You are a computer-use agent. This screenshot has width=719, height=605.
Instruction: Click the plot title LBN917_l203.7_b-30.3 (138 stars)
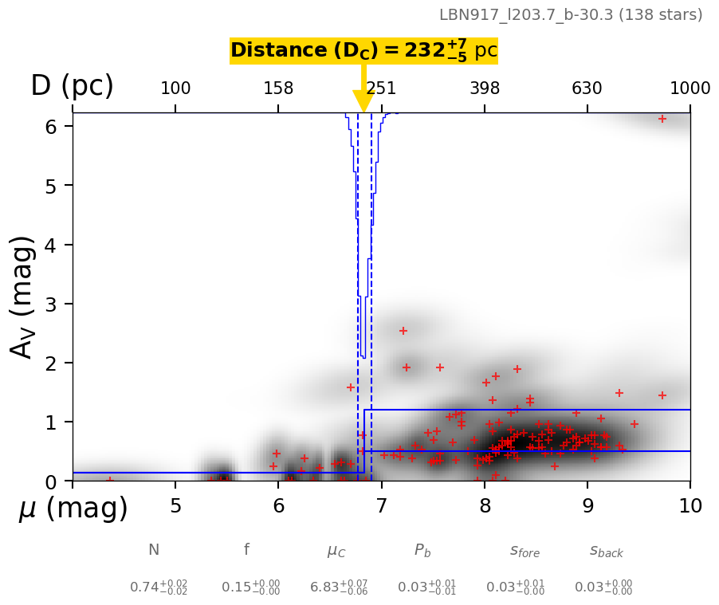coord(571,15)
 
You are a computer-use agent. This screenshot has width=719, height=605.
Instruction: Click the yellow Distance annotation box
coord(363,51)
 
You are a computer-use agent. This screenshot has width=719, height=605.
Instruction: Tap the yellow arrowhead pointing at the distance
coord(363,101)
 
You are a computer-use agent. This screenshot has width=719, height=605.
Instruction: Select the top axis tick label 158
coord(278,88)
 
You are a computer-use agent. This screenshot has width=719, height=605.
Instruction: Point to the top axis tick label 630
coord(587,88)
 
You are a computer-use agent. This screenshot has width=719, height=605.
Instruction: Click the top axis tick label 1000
coord(690,88)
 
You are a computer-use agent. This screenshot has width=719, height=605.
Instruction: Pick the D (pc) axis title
coord(72,86)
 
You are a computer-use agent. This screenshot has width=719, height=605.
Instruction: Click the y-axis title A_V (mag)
coord(24,297)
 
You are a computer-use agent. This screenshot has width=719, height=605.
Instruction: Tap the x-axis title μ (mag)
coord(73,509)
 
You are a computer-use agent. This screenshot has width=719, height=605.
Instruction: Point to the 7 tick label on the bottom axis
coord(381,505)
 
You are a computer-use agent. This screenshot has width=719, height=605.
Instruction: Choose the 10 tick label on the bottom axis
coord(690,505)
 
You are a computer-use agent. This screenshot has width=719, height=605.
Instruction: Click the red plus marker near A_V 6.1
coord(662,119)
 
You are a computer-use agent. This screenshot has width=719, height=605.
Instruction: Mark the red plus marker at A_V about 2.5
coord(403,331)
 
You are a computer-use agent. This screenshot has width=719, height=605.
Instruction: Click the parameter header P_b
coord(423,551)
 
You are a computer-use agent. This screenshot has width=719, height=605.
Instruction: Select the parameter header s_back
coord(606,551)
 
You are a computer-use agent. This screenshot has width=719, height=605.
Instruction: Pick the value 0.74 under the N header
coord(159,587)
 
